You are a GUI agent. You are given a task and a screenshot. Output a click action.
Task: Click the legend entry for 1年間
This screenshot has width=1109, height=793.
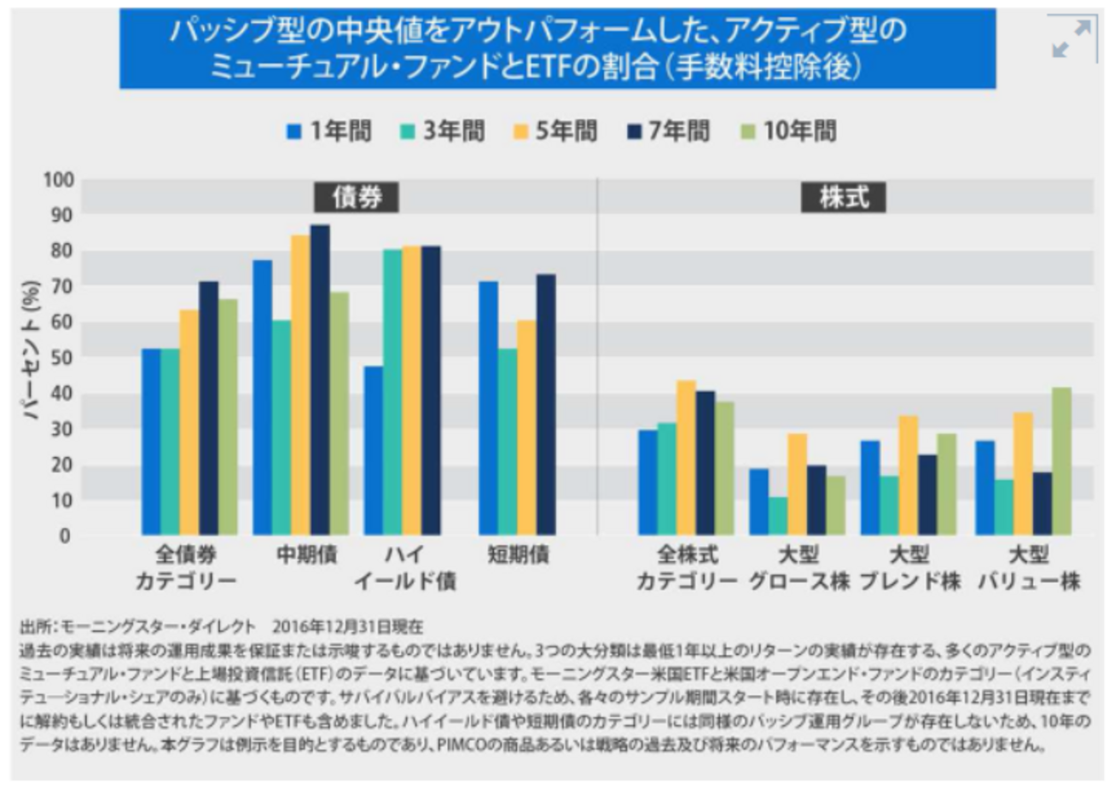pyautogui.click(x=329, y=131)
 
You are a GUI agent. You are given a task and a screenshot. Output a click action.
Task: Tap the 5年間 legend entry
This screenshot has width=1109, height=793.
pyautogui.click(x=555, y=131)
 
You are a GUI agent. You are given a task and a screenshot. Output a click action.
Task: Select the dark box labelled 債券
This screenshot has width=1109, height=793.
pyautogui.click(x=357, y=197)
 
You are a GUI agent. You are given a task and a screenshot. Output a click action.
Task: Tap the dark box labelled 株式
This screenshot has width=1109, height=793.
pyautogui.click(x=844, y=197)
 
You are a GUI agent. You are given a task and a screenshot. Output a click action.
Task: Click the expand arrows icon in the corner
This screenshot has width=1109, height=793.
pyautogui.click(x=1071, y=39)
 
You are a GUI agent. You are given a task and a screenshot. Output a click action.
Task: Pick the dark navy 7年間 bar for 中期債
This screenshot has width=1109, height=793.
pyautogui.click(x=320, y=379)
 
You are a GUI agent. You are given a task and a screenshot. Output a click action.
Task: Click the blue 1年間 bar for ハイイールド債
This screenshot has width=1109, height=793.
pyautogui.click(x=373, y=450)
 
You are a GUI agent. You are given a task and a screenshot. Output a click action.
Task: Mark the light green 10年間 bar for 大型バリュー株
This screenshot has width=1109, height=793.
pyautogui.click(x=1061, y=461)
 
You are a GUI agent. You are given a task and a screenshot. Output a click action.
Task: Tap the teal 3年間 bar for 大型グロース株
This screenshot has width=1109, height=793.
pyautogui.click(x=778, y=516)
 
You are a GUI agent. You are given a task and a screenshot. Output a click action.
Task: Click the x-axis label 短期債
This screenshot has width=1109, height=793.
pyautogui.click(x=518, y=555)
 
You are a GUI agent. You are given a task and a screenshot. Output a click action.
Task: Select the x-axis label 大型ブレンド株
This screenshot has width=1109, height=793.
pyautogui.click(x=909, y=568)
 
